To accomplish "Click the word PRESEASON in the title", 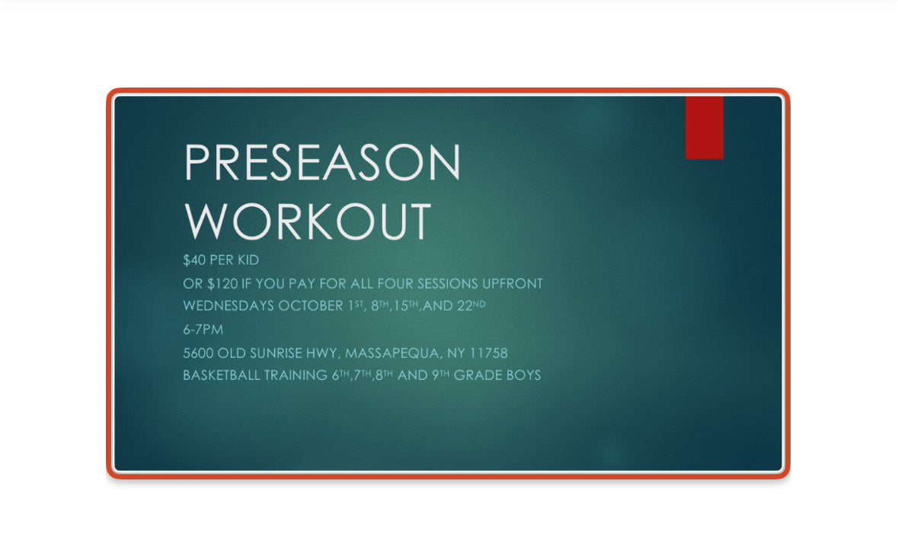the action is click(322, 163).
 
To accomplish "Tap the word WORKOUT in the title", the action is click(308, 221).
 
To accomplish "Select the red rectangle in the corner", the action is click(705, 127).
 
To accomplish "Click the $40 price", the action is click(194, 260).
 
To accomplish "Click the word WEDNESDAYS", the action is click(228, 306).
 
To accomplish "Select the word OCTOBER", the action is click(311, 306).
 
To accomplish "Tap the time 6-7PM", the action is click(203, 330).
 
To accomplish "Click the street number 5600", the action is click(198, 353).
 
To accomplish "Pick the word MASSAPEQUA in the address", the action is click(393, 353).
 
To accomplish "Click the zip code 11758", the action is click(488, 353).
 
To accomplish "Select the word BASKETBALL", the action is click(221, 375).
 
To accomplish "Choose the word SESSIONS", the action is click(447, 284).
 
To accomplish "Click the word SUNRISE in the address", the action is click(276, 353).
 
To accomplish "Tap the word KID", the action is click(248, 260).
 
